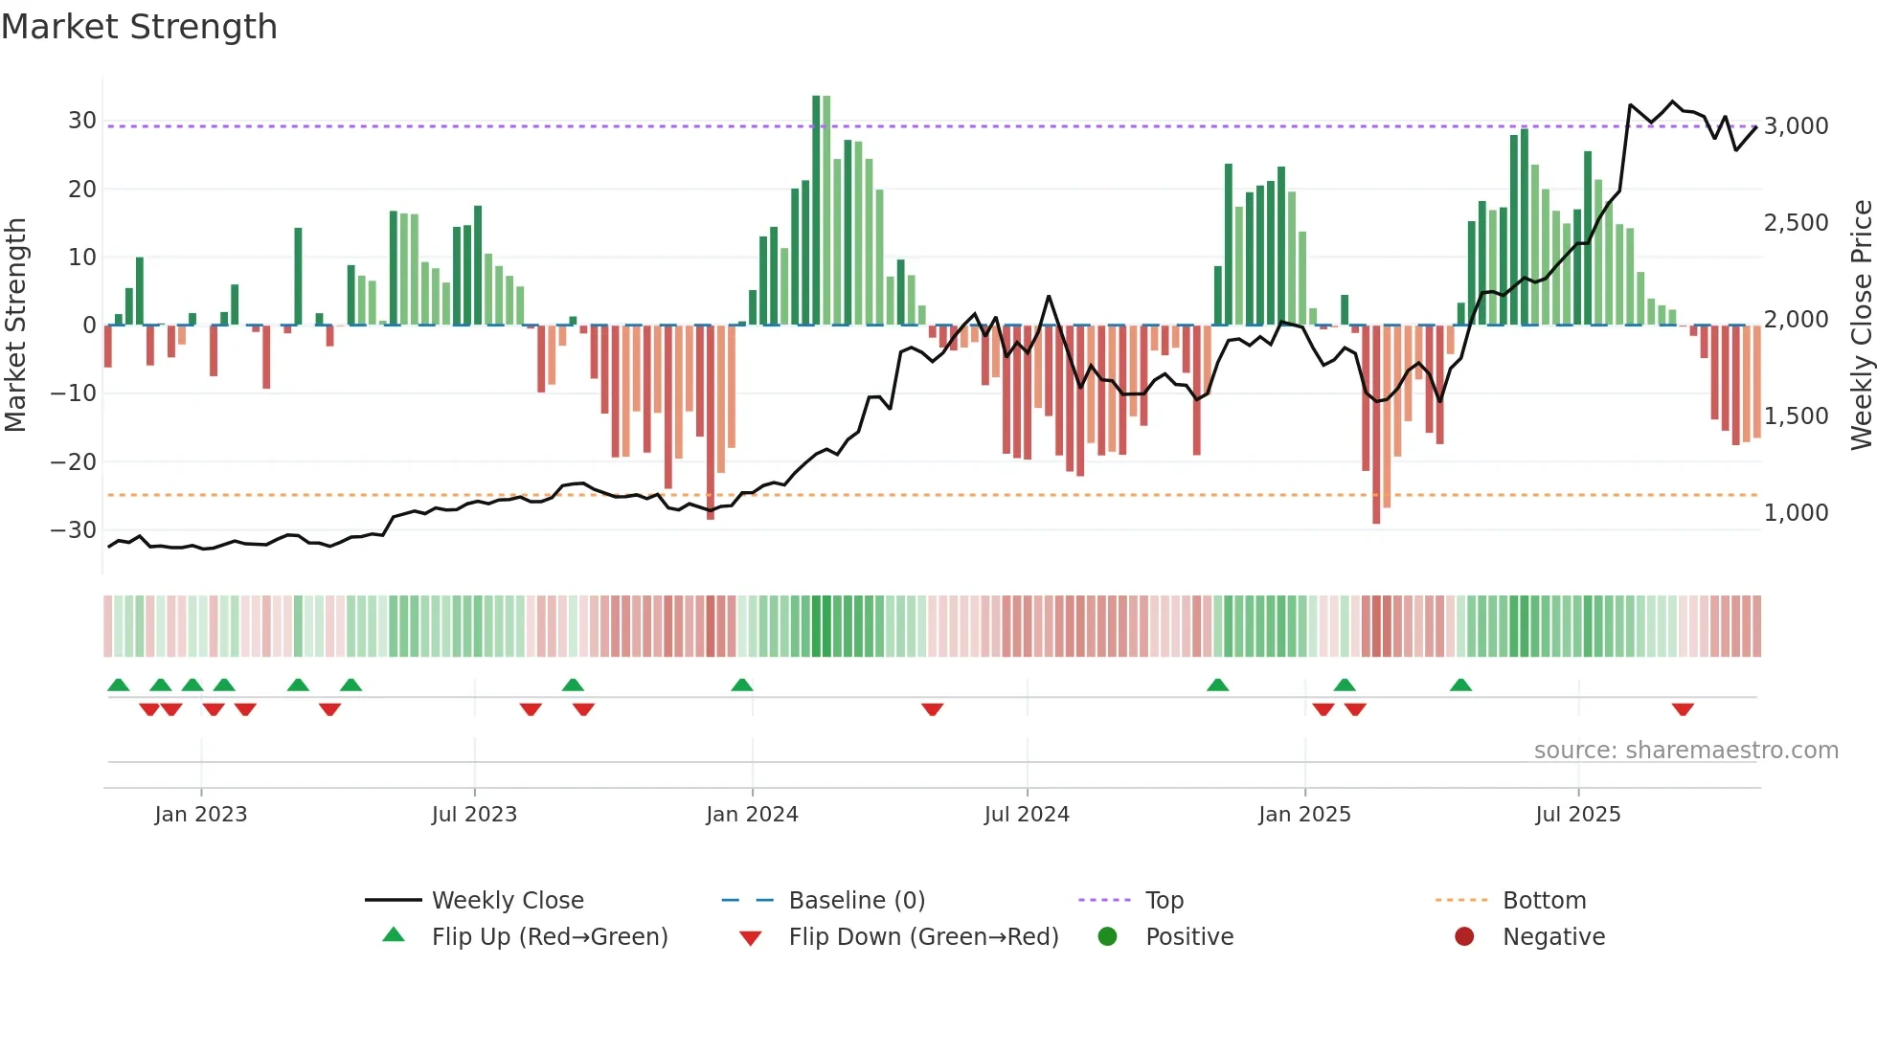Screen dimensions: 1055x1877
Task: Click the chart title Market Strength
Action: tap(140, 27)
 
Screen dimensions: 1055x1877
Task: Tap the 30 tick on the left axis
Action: tap(81, 121)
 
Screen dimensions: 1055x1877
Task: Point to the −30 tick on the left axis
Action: tap(74, 530)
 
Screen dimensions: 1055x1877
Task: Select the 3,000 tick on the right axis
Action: tap(1797, 126)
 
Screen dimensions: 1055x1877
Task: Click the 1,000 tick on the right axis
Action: tap(1797, 513)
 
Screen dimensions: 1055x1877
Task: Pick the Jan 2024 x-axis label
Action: tap(752, 815)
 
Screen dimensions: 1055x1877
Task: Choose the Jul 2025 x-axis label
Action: tap(1577, 815)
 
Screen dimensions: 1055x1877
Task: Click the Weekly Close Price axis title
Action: tap(1861, 325)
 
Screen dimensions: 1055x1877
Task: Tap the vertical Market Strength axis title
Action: tap(16, 325)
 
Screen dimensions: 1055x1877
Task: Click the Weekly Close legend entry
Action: tap(507, 901)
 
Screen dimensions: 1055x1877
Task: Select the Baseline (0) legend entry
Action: tap(856, 901)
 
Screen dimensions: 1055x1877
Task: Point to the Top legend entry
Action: tap(1164, 901)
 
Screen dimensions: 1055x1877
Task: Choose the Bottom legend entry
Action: tap(1544, 901)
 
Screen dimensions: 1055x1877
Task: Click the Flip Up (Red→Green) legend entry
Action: tap(549, 937)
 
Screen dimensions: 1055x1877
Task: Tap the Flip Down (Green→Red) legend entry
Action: tap(923, 937)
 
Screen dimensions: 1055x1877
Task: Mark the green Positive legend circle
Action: tap(1108, 937)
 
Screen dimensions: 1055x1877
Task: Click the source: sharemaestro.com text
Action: tap(1685, 751)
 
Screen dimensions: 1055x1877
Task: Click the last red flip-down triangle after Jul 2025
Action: tap(1683, 709)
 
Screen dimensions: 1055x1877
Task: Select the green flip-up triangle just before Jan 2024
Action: tap(742, 685)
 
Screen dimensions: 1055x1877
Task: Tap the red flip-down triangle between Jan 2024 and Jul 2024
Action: tap(933, 709)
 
